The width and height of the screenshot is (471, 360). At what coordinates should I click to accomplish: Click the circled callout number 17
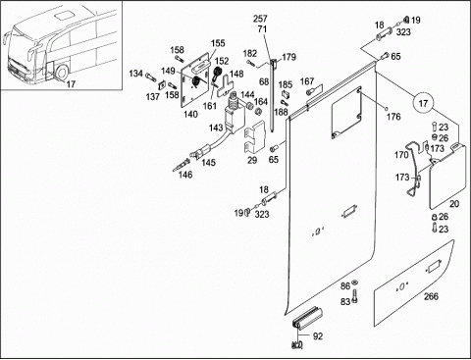coord(423,103)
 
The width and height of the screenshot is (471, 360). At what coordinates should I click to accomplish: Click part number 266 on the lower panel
coord(431,296)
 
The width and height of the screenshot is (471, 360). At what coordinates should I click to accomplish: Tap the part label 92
coord(317,336)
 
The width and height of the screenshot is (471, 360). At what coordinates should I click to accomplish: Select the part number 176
coord(393,117)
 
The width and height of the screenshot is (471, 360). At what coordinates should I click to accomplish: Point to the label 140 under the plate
coord(190,114)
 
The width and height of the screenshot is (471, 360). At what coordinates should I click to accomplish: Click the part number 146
coord(185,175)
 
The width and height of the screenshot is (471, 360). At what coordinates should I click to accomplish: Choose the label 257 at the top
coord(260,19)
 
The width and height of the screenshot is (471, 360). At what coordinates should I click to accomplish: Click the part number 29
coord(252,160)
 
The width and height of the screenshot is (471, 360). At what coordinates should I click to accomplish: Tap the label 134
coord(135,74)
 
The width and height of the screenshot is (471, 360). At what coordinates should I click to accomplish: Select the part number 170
coord(401,155)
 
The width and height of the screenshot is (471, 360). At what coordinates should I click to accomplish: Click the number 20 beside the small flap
coord(454,204)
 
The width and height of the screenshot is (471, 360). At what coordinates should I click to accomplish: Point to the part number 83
coord(345,301)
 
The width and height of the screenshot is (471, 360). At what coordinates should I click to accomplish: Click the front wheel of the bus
coord(62,73)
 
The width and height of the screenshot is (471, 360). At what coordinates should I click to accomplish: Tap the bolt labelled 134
coord(151,77)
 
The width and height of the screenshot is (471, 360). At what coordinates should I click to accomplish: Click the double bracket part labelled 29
coord(255,137)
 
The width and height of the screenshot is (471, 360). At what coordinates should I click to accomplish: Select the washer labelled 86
coord(355,283)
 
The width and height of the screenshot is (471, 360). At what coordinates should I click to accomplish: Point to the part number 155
coord(218,43)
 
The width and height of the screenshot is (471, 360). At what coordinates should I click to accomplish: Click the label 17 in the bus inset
coord(71,84)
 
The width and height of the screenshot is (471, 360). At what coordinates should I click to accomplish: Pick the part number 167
coord(307,81)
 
